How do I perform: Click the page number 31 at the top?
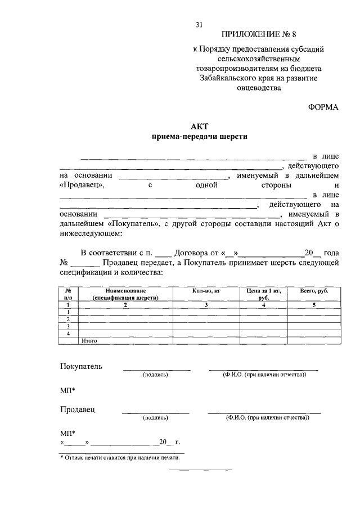199,24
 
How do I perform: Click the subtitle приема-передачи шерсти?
200,137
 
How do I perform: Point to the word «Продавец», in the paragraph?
82,185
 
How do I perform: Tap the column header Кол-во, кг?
206,291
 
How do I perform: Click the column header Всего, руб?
314,291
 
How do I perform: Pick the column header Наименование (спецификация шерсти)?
125,294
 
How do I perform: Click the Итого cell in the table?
90,340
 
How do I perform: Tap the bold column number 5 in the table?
314,304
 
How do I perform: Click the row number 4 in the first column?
68,334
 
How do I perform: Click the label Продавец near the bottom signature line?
78,409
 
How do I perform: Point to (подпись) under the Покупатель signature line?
156,375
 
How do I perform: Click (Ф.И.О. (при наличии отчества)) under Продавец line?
267,418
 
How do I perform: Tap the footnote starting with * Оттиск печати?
120,457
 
